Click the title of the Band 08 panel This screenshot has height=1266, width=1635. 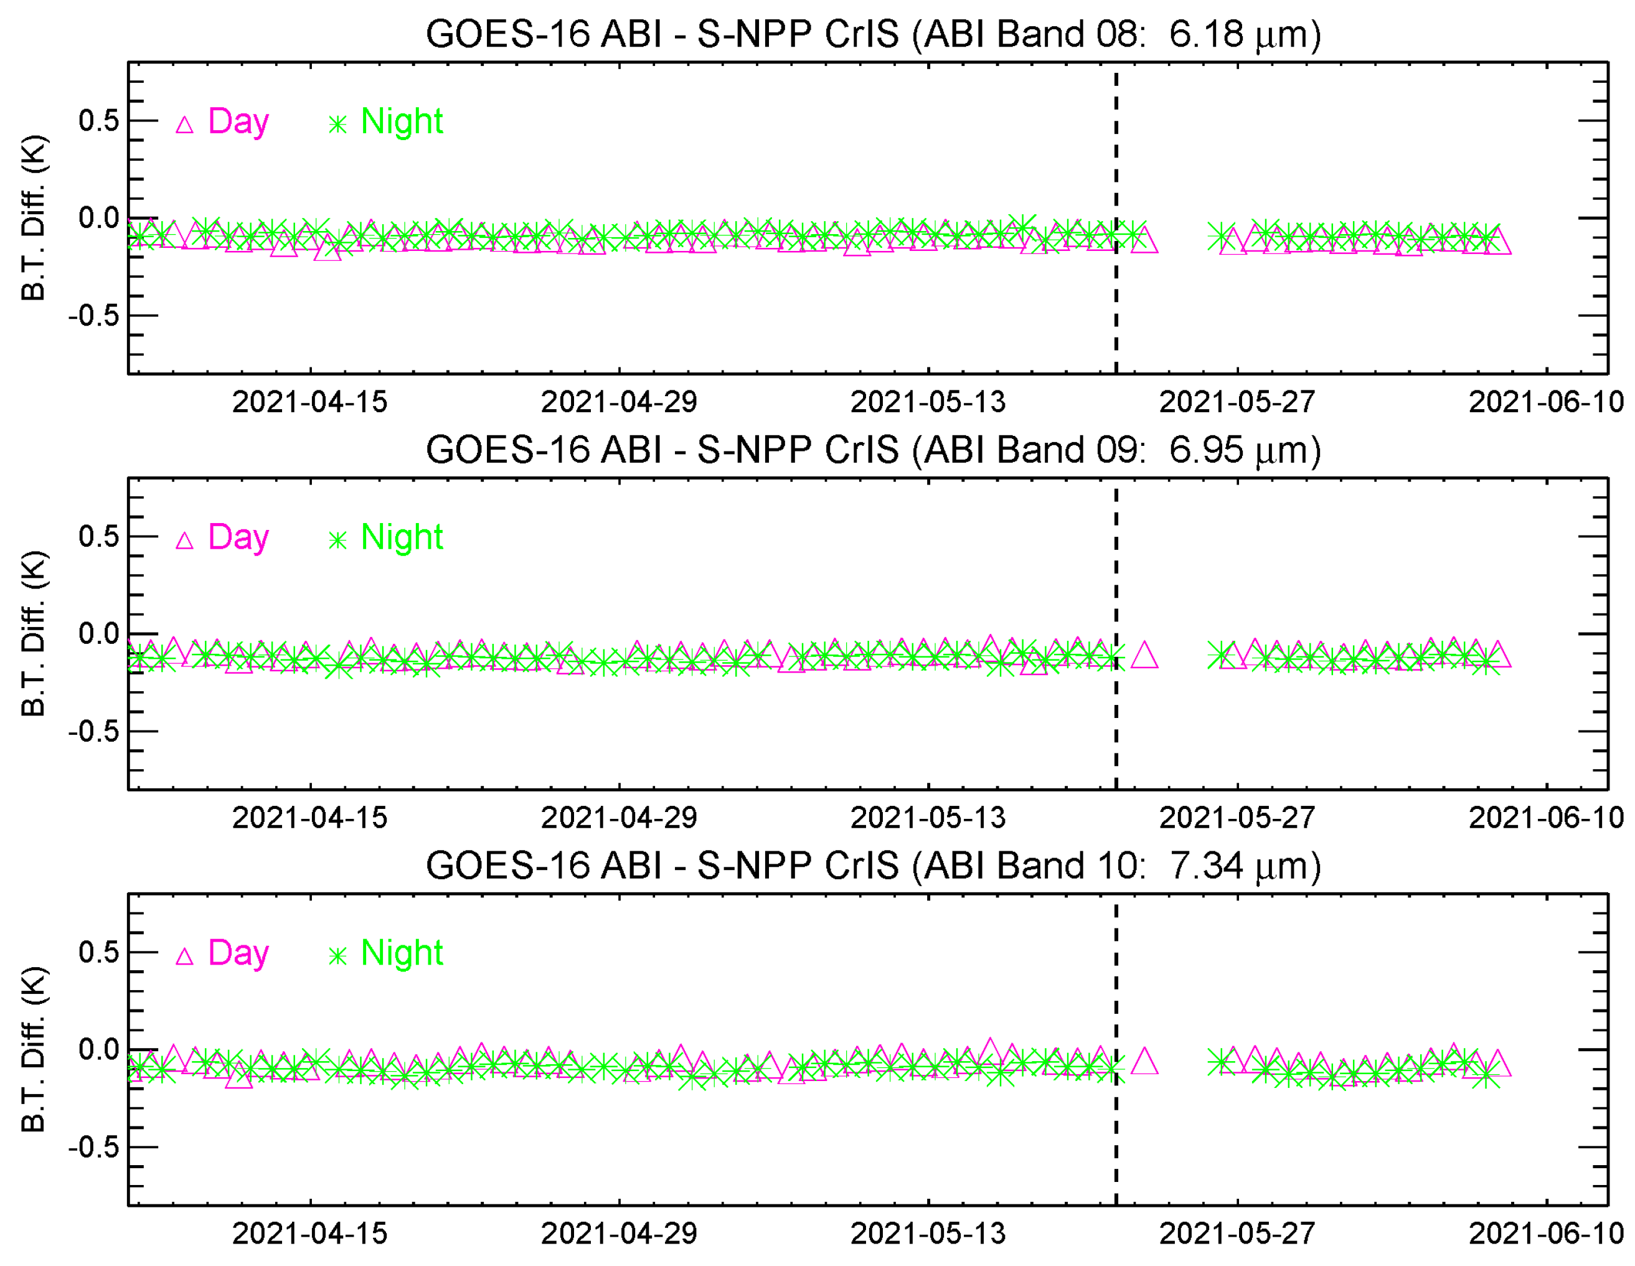[873, 34]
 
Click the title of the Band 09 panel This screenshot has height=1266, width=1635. [873, 450]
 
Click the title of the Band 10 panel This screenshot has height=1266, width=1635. [873, 866]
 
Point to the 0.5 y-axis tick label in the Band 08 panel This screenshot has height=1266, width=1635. [99, 121]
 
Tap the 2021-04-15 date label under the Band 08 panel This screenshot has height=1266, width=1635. [310, 402]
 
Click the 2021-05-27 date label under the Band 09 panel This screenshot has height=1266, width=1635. [1237, 818]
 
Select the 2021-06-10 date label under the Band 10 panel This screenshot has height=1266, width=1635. [1546, 1233]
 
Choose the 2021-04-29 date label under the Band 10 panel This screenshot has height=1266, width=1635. [619, 1233]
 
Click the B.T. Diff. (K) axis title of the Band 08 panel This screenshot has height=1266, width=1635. [34, 218]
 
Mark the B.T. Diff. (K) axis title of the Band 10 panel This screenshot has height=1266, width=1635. [34, 1049]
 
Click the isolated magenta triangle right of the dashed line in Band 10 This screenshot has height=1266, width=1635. [1144, 1062]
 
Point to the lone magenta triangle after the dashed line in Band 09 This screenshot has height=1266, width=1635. [1144, 656]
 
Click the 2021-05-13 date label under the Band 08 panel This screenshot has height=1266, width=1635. [928, 402]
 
